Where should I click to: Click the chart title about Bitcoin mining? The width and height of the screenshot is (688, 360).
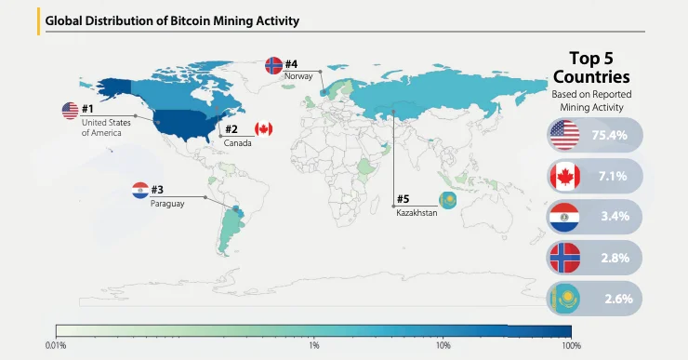tap(172, 20)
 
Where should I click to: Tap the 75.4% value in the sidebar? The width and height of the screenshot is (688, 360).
tap(610, 135)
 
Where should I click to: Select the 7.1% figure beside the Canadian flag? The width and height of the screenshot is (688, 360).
tap(613, 176)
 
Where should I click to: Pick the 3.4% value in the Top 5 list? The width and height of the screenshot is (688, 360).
tap(615, 217)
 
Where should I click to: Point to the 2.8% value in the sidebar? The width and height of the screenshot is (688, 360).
tap(615, 258)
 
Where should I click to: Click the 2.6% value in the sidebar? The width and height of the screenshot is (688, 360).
tap(618, 299)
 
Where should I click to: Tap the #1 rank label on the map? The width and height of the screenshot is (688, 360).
tap(87, 109)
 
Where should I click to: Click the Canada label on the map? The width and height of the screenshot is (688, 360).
tap(237, 143)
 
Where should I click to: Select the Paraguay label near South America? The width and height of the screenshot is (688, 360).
tap(167, 204)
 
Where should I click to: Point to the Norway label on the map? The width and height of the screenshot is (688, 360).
tap(298, 76)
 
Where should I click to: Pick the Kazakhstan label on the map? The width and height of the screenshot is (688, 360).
tap(417, 213)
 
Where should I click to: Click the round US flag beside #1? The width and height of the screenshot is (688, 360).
tap(71, 111)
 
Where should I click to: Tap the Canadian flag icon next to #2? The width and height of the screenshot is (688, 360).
tap(264, 129)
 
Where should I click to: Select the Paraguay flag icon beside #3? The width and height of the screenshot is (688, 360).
tap(140, 191)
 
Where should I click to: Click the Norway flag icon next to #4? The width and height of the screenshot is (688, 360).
tap(274, 65)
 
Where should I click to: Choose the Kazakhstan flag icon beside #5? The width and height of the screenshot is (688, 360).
tap(448, 201)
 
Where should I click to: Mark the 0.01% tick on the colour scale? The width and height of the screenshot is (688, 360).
tap(56, 346)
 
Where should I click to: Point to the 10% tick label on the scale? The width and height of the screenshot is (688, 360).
tap(443, 346)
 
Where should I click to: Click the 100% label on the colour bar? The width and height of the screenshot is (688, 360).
tap(571, 346)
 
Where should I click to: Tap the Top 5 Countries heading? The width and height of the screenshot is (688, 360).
tap(591, 68)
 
